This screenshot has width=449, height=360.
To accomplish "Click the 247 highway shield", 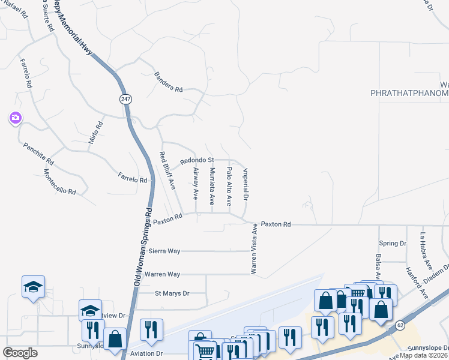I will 125,99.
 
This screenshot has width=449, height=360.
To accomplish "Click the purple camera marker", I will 15,118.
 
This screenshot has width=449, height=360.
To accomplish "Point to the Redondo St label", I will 197,160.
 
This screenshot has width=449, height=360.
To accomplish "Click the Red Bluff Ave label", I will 167,171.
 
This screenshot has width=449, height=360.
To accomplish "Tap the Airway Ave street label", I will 196,183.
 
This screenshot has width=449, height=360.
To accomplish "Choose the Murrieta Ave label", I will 212,186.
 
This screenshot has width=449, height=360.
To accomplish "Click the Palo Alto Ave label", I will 229,187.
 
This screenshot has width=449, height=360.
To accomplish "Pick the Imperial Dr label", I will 246,184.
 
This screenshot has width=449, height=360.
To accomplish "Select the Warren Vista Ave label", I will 254,249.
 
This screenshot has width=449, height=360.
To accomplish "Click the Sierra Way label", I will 164,251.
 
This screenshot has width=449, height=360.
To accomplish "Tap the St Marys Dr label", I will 172,293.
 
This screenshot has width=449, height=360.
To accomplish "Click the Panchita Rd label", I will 38,154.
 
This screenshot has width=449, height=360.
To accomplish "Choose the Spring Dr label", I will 393,244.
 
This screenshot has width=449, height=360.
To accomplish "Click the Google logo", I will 20,352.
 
